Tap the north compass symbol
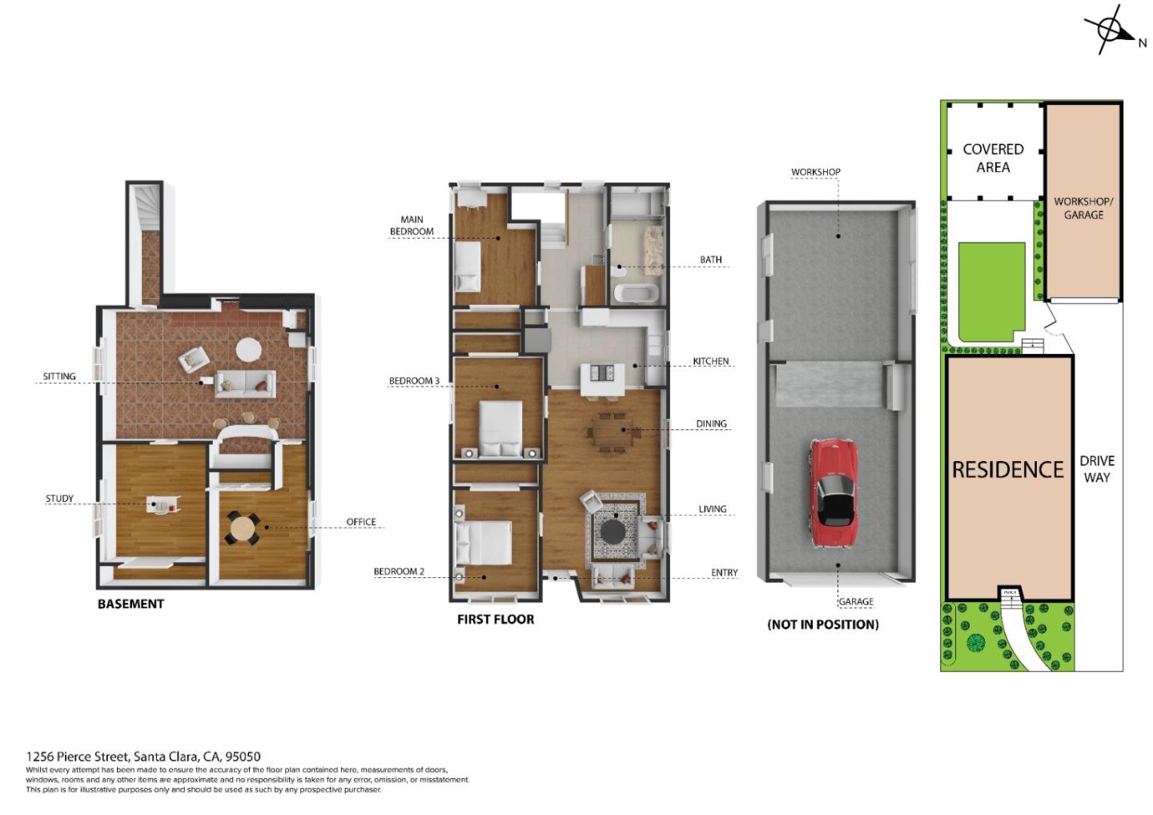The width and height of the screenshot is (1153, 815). (1112, 31)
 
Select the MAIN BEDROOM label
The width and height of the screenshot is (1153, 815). (412, 225)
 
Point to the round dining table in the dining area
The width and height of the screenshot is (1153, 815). (615, 431)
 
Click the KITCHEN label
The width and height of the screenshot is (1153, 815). (711, 361)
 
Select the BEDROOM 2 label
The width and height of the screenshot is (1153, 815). (399, 572)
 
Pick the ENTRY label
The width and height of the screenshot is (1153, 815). (724, 572)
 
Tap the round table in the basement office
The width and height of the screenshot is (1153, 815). (242, 528)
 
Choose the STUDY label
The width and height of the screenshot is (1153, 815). (59, 499)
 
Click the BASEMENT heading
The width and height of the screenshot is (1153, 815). (131, 604)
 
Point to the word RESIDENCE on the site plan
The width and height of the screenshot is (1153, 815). (1007, 469)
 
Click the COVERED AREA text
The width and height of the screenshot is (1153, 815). (993, 158)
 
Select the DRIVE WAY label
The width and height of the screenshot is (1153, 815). (1096, 468)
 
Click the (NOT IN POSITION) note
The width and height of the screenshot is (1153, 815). (822, 624)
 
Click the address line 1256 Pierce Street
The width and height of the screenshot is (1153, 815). (143, 756)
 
